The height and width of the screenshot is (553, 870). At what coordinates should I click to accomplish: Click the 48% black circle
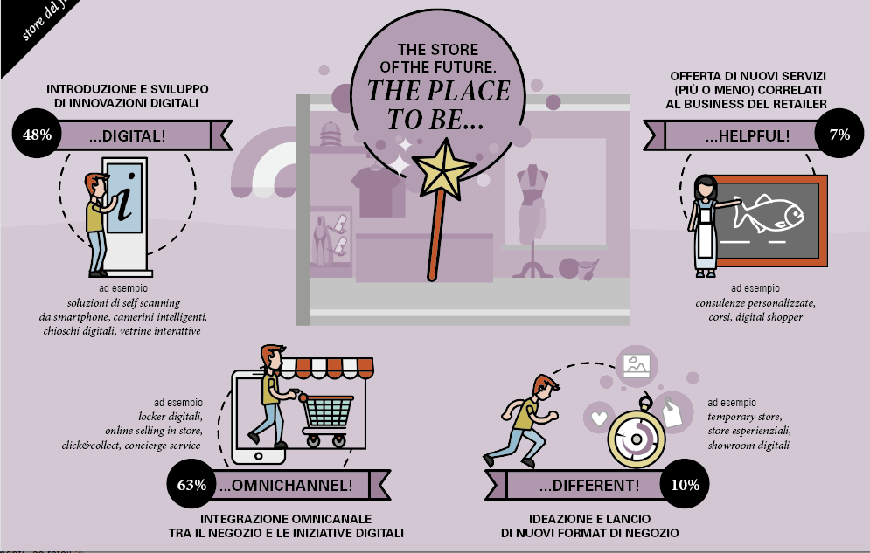point(38,135)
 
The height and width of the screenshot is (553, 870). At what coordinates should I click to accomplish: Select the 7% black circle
point(839,135)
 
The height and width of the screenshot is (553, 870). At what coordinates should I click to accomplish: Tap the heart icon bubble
point(599,418)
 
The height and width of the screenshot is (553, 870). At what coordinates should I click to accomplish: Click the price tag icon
point(672,411)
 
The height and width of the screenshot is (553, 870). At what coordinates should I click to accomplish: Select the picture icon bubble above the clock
point(636,364)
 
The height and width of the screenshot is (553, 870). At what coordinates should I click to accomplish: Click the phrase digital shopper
point(767,317)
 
